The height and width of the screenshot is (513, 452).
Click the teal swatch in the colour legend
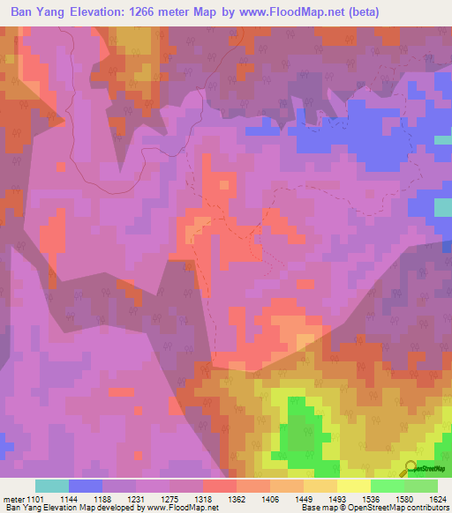pyautogui.click(x=52, y=486)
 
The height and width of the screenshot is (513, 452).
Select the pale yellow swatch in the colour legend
pyautogui.click(x=353, y=486)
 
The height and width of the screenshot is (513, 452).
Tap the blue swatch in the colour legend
pyautogui.click(x=86, y=486)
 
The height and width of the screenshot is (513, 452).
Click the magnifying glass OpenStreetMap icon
pyautogui.click(x=409, y=468)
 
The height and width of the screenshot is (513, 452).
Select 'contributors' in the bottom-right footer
pyautogui.click(x=426, y=509)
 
